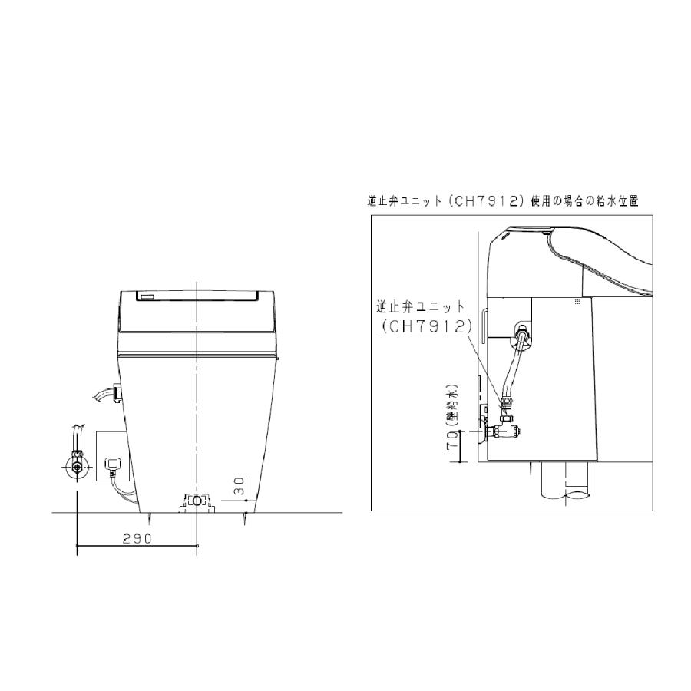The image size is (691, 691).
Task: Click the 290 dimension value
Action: (137, 538)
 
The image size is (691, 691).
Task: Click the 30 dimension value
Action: (239, 485)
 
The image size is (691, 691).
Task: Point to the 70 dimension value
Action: (452, 440)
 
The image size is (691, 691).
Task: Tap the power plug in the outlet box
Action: (112, 465)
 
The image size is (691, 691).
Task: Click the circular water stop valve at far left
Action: (78, 467)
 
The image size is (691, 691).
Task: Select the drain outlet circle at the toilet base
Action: (197, 501)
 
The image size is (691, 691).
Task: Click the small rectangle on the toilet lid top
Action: (147, 296)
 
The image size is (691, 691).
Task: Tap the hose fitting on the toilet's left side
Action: (117, 392)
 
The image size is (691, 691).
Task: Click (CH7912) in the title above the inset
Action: (484, 201)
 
